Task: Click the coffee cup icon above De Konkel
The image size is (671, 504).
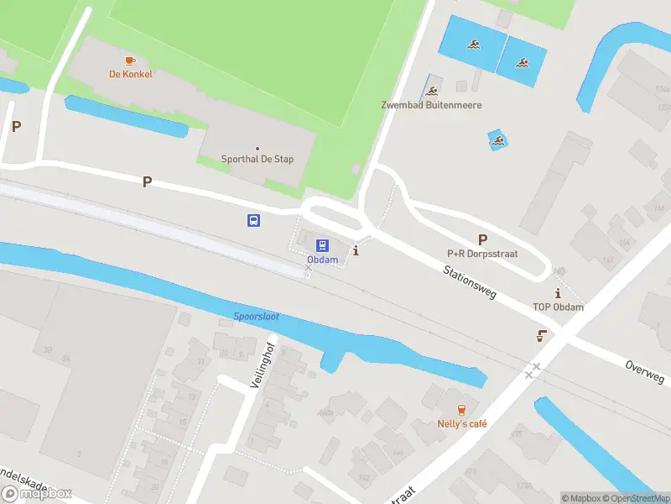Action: tap(129, 60)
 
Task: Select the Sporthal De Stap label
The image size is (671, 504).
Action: tap(257, 160)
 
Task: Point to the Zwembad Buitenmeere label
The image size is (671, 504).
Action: tap(434, 106)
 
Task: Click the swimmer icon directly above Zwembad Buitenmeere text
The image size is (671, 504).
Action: tap(433, 92)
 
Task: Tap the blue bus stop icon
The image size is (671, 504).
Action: tap(252, 221)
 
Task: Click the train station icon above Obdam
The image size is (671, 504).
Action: tap(322, 245)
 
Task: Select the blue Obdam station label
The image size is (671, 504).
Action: tap(322, 260)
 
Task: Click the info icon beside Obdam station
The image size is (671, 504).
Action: tap(356, 250)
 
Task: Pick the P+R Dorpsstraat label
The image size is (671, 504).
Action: tap(481, 254)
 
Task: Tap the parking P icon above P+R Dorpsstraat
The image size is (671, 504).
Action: tap(482, 239)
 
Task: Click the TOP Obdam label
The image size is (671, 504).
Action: tap(558, 307)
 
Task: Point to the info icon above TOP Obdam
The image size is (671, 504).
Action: tap(558, 293)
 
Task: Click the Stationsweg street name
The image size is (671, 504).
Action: tap(470, 282)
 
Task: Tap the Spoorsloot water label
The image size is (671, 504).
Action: tap(257, 317)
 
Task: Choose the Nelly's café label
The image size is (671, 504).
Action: tap(462, 424)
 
